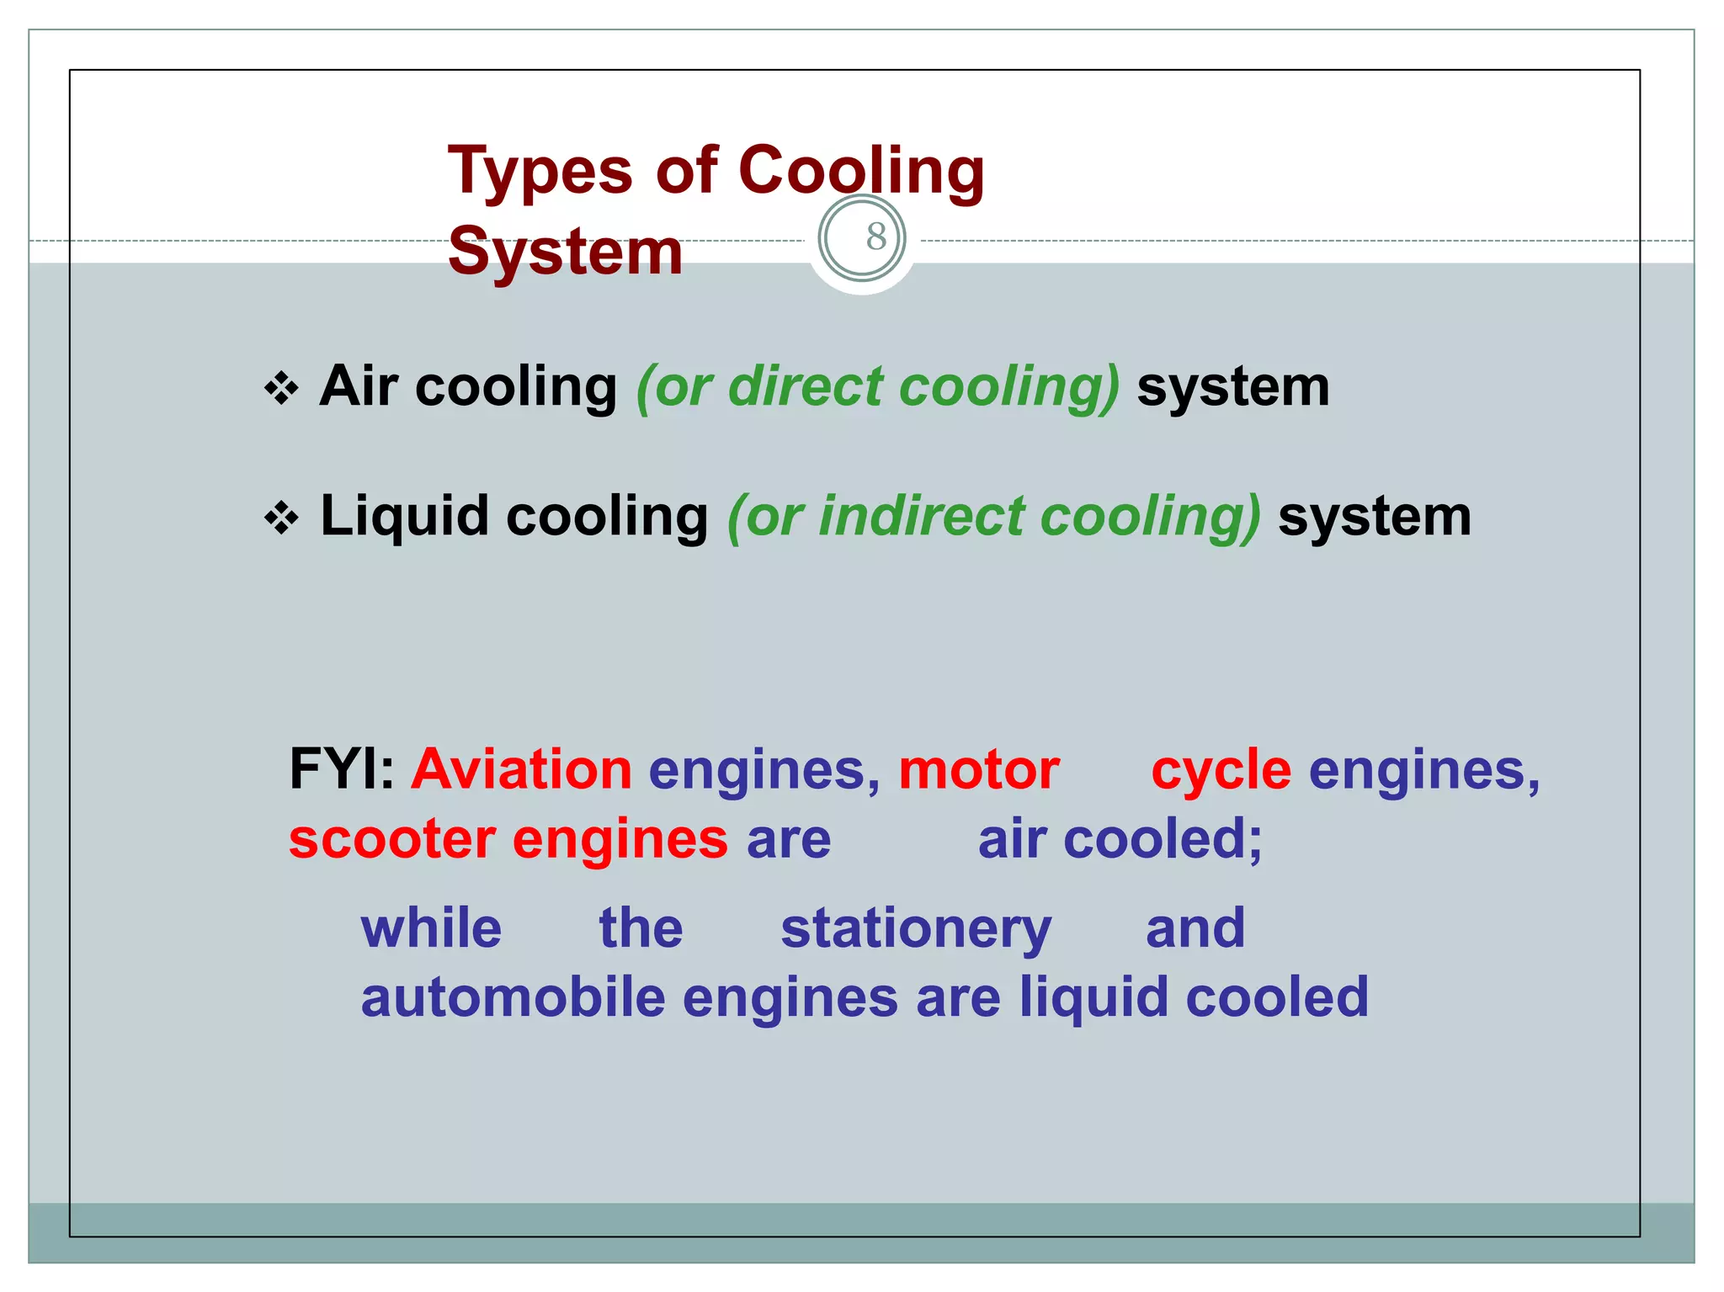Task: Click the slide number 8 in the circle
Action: click(875, 237)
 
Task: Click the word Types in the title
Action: click(540, 172)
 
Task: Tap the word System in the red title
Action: click(565, 252)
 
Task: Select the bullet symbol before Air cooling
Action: click(281, 389)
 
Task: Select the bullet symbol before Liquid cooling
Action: click(281, 518)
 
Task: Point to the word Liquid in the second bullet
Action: click(404, 516)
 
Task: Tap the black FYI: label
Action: click(341, 769)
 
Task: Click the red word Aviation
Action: click(521, 769)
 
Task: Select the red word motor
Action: click(979, 769)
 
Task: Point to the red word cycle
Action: click(1221, 769)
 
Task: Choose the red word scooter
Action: click(392, 839)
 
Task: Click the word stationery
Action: click(916, 928)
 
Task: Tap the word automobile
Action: click(513, 997)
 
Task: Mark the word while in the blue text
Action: click(431, 928)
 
